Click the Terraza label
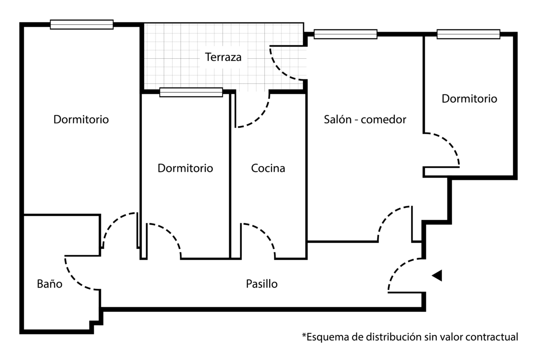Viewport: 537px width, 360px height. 223,58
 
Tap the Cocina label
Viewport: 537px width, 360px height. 268,168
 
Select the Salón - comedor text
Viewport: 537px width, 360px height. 365,120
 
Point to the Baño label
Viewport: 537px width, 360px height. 49,284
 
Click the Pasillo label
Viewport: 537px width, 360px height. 261,284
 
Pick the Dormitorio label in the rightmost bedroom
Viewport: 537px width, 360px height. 469,99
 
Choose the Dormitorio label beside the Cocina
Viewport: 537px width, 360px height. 185,168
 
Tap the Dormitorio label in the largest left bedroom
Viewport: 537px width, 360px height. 81,120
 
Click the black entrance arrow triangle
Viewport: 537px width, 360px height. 437,275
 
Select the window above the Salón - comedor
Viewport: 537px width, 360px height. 345,34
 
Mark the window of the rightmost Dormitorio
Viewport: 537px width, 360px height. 468,34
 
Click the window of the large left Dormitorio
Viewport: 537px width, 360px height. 81,25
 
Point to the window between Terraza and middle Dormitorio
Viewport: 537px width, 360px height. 191,93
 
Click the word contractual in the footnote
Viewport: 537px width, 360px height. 492,337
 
